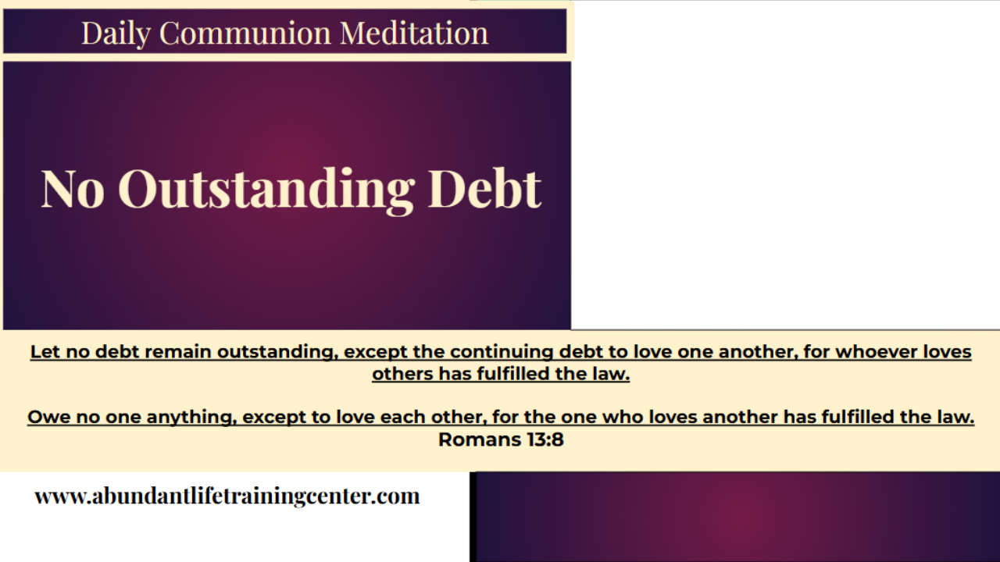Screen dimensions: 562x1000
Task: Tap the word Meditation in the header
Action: pos(414,33)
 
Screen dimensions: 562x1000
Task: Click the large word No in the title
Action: pos(73,189)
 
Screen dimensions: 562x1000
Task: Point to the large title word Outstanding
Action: pos(266,189)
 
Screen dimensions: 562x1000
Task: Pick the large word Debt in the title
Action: pos(484,189)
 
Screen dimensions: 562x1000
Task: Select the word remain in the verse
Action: pos(181,352)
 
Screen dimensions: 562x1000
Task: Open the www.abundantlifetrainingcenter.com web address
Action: pos(227,496)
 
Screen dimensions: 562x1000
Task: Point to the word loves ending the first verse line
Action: pos(947,352)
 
